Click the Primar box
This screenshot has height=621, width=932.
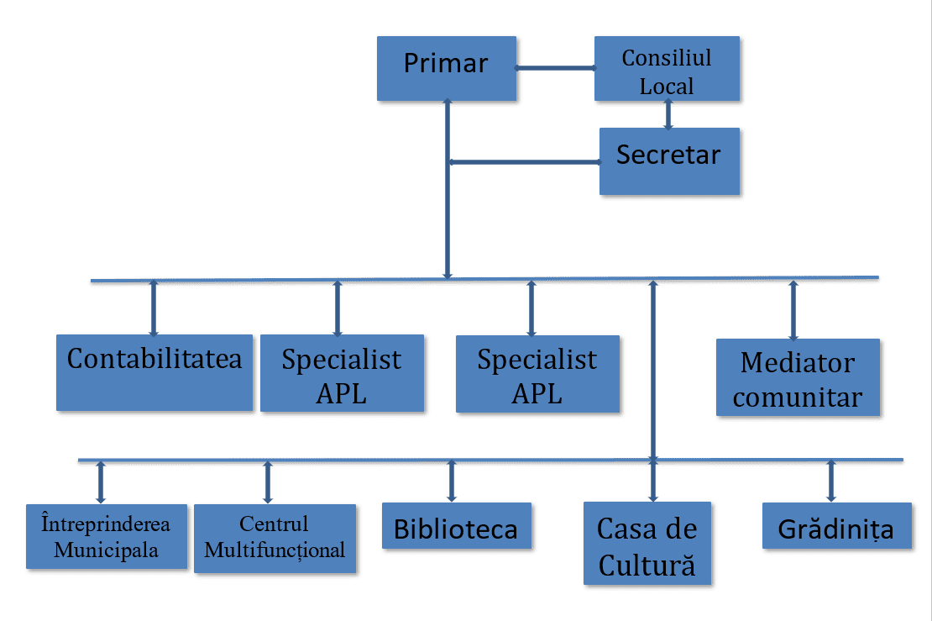[x=446, y=68]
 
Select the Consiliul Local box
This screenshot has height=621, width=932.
[x=667, y=68]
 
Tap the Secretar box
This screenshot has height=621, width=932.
[x=669, y=161]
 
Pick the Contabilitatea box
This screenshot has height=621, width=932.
[x=154, y=372]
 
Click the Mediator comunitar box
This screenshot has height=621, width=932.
[x=797, y=377]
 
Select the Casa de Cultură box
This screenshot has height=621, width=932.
[x=647, y=543]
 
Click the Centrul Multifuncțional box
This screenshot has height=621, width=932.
[x=275, y=538]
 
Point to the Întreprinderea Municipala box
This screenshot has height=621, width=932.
[x=106, y=537]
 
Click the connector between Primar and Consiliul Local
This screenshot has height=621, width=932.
[x=555, y=68]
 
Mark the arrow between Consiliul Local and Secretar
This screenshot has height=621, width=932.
[x=668, y=114]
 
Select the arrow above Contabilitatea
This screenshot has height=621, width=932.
[x=153, y=308]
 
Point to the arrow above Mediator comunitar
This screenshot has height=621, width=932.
[x=793, y=309]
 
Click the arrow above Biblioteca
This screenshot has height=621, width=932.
[x=452, y=481]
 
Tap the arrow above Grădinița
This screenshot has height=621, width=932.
[x=831, y=481]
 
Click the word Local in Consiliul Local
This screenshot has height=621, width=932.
[x=667, y=86]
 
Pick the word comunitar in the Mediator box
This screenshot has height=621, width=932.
[x=797, y=397]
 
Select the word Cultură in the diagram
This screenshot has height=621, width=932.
[x=647, y=564]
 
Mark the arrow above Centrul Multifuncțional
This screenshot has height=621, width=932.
[x=268, y=482]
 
